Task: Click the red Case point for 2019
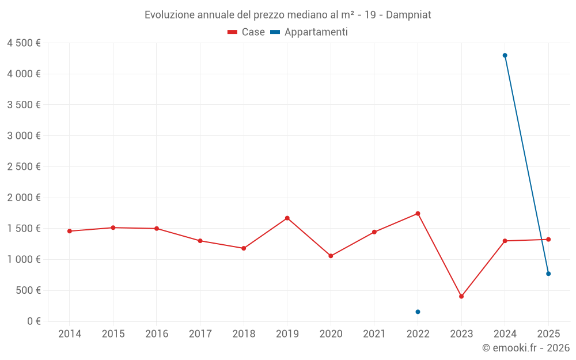pos(287,218)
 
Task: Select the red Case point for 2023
pos(461,296)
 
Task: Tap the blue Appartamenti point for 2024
pos(505,55)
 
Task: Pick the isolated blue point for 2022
pos(418,312)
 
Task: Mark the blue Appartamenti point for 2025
pos(548,274)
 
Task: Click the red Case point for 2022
pos(418,214)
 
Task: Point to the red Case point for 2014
pos(69,231)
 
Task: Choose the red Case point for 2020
pos(331,256)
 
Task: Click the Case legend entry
pos(247,32)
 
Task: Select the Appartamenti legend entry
pos(309,32)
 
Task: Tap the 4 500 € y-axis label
pos(24,43)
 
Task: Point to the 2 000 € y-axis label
pos(24,198)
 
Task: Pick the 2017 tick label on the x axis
pos(200,334)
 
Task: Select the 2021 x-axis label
pos(374,334)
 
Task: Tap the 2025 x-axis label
pos(548,334)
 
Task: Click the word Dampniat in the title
pos(408,15)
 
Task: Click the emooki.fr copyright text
pos(525,348)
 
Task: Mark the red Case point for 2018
pos(244,248)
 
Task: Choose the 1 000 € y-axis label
pos(24,259)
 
